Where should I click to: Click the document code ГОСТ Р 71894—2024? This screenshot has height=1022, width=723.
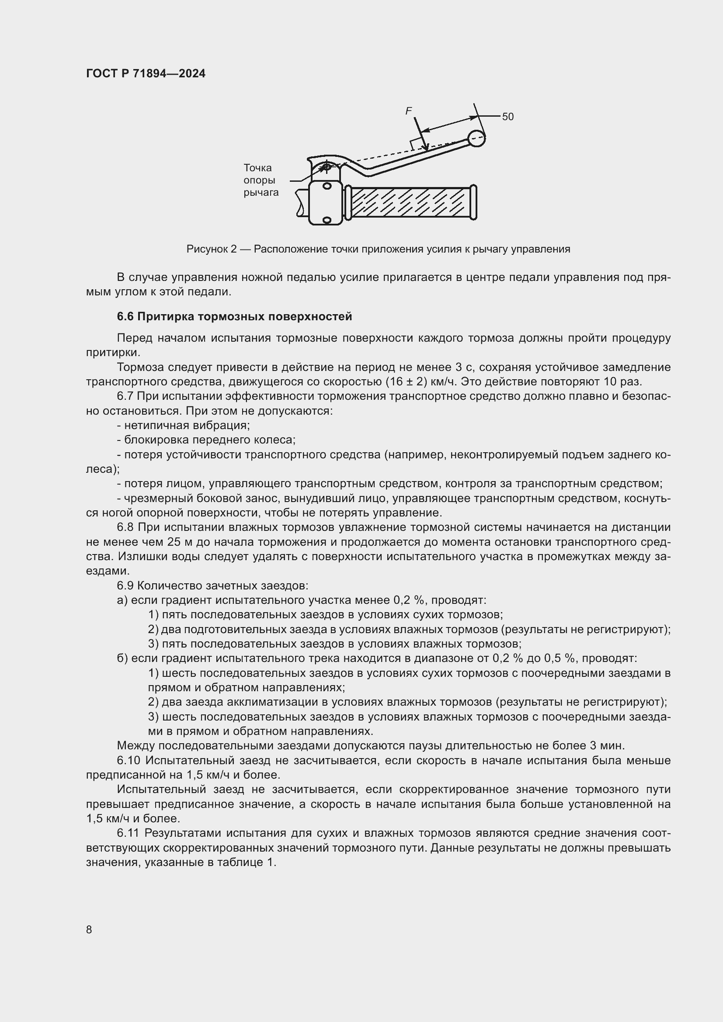point(146,73)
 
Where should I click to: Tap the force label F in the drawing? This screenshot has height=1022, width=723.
point(408,111)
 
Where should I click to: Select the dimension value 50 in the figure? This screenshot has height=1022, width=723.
point(507,117)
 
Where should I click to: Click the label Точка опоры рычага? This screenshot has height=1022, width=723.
point(261,180)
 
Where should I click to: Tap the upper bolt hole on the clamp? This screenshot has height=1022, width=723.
point(327,186)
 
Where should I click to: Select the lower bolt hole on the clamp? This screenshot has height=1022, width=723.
point(327,219)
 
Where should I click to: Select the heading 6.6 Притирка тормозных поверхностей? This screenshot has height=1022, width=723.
point(234,316)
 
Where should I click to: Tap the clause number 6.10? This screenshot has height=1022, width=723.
point(129,760)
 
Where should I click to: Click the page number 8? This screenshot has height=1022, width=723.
point(89,929)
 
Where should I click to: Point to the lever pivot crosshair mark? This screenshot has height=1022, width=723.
point(327,167)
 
